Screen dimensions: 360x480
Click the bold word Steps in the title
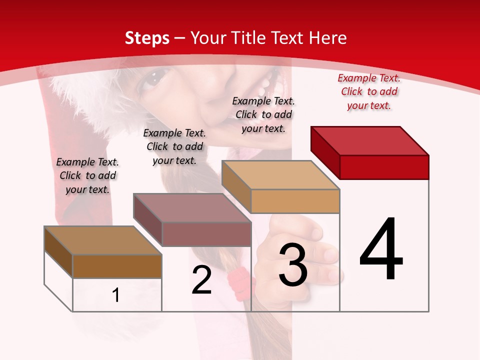click(x=147, y=38)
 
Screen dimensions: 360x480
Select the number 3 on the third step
click(x=293, y=265)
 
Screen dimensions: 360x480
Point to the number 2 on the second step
click(x=202, y=280)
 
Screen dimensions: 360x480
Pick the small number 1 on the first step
click(x=116, y=295)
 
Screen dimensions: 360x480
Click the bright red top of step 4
click(x=370, y=140)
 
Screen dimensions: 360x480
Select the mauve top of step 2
click(x=192, y=207)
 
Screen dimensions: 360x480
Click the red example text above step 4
click(x=369, y=91)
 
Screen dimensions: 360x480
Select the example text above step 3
click(x=263, y=114)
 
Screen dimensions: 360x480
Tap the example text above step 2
click(x=174, y=146)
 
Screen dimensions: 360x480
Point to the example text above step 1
click(x=87, y=175)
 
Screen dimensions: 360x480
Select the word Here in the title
click(x=327, y=38)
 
